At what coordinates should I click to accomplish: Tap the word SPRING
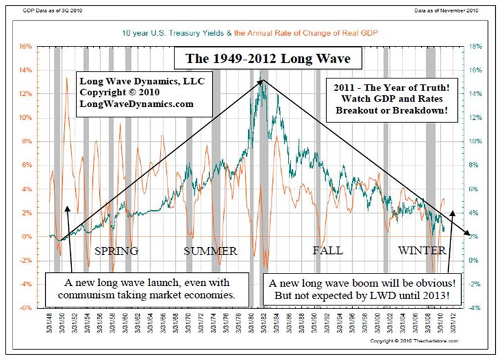click(x=116, y=251)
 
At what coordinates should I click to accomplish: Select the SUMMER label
click(x=210, y=251)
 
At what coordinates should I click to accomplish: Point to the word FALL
click(x=328, y=251)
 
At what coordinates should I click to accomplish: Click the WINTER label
click(x=422, y=251)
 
